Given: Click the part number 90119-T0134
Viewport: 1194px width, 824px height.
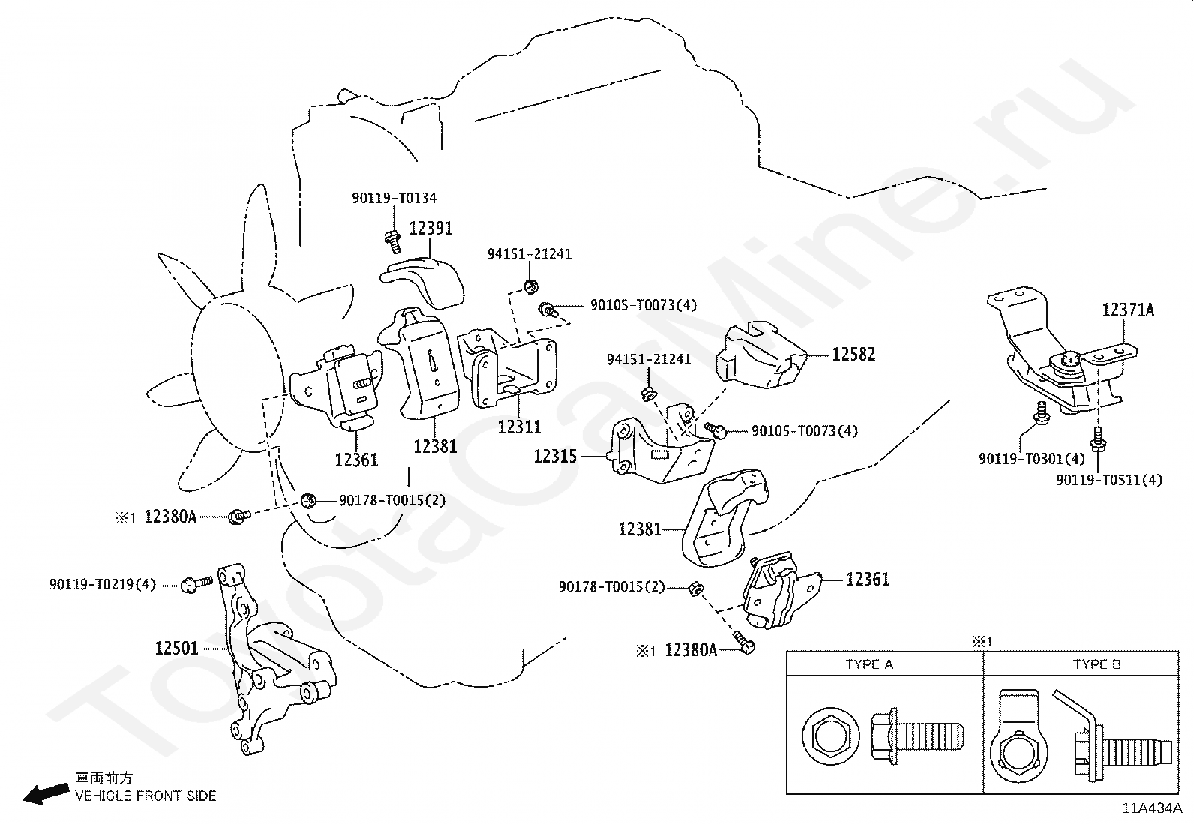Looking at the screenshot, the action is point(394,198).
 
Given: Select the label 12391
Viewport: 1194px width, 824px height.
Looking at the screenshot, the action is point(430,228).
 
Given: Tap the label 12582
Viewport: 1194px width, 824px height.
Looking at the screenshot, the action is point(853,354).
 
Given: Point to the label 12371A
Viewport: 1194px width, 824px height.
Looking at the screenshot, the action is point(1128,310).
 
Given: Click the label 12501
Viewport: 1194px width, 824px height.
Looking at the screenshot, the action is point(176,648).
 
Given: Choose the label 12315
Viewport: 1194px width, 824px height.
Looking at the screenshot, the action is point(555,457).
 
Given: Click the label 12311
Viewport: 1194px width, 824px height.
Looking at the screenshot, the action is point(519,427).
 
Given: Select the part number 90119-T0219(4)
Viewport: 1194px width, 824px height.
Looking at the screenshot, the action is point(102,585).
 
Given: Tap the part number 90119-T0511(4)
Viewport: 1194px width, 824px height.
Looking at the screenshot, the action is point(1109,480).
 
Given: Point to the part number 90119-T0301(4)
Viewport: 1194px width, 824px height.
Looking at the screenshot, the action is point(1032,458).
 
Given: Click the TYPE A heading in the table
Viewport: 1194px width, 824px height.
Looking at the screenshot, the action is point(868,664).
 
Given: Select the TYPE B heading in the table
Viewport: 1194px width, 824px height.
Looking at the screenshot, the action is point(1097,664).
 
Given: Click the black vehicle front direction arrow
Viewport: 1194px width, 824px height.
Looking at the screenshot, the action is point(46,793).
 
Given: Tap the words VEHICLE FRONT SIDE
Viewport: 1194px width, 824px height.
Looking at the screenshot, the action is point(145,796).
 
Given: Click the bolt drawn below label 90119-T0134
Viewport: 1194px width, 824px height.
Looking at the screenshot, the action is point(393,242).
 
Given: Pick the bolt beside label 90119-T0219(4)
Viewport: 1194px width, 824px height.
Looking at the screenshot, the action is point(196,583).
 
